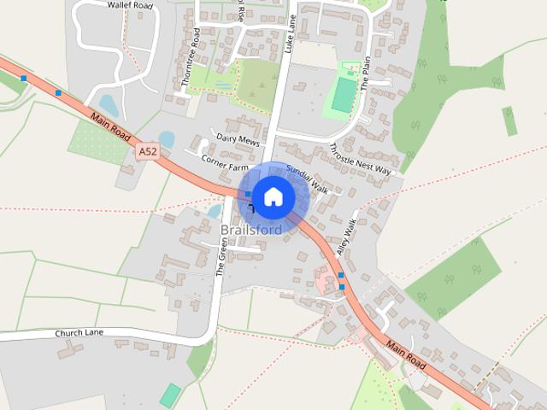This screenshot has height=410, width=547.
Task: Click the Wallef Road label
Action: point(130,4)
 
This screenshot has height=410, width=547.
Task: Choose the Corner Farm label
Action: point(224,160)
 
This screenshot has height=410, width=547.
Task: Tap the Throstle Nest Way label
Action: point(360,160)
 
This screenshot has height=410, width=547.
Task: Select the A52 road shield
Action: point(147,151)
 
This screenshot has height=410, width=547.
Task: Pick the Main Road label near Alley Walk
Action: point(405,354)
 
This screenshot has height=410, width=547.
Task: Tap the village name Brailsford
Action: point(250,231)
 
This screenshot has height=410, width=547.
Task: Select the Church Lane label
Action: point(79,332)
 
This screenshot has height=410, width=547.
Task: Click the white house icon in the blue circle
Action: point(273,196)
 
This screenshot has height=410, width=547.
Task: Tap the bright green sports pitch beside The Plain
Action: point(344,95)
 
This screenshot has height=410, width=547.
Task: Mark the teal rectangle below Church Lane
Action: point(171,395)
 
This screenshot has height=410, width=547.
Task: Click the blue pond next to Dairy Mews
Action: point(167,139)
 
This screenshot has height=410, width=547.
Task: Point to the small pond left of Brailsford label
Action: point(215,210)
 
